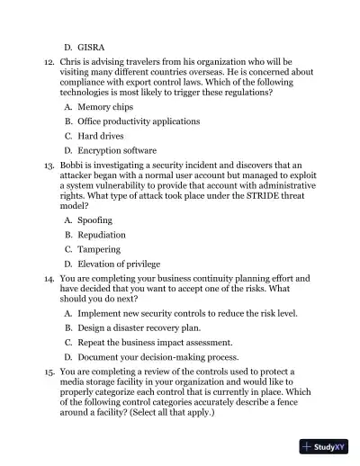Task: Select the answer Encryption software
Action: [x=117, y=150]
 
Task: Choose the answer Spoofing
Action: [x=95, y=220]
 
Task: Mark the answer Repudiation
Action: [x=102, y=234]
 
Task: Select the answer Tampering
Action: [x=99, y=249]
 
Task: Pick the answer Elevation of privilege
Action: [x=119, y=264]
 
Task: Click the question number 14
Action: [x=49, y=279]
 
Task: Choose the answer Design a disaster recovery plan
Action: [x=140, y=328]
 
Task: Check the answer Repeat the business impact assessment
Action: [x=155, y=343]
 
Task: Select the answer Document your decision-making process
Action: [x=154, y=358]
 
